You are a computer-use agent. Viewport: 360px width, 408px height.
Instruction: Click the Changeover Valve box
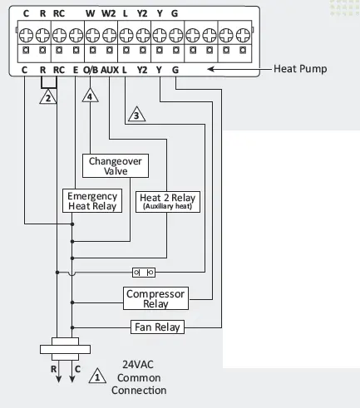point(116,165)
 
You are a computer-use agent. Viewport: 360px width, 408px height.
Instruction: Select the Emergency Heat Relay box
point(92,201)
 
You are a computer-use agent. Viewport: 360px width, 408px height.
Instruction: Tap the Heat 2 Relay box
point(167,201)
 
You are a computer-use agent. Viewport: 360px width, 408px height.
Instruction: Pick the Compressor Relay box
point(155,297)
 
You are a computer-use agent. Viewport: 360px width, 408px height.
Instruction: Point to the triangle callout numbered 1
point(98,376)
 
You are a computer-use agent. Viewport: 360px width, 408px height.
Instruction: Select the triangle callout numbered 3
point(136,115)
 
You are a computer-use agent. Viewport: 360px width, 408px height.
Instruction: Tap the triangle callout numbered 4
point(90,96)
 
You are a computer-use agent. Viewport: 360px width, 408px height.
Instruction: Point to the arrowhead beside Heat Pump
point(209,70)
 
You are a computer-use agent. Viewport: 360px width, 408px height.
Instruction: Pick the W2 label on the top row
point(108,13)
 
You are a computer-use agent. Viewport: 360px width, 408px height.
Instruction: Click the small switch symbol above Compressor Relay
point(143,272)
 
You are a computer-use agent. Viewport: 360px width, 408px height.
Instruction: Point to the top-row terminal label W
point(90,13)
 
